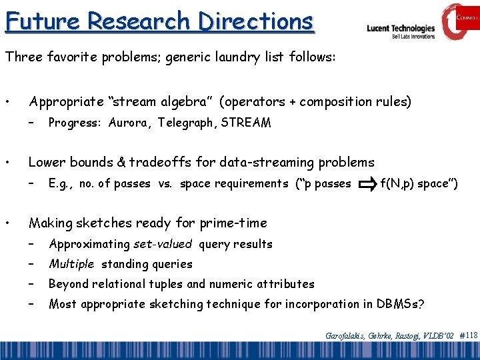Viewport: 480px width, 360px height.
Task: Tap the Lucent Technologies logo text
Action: [x=401, y=29]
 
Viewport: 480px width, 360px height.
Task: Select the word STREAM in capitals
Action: [x=246, y=123]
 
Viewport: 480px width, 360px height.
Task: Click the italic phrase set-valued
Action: [x=162, y=244]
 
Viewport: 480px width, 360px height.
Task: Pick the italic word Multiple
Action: [x=71, y=264]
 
